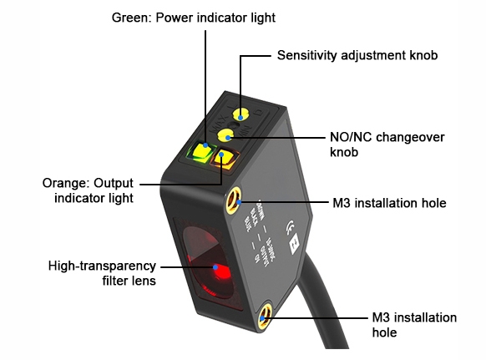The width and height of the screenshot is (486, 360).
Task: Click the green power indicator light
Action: click(201, 152)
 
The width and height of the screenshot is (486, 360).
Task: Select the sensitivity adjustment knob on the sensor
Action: click(241, 114)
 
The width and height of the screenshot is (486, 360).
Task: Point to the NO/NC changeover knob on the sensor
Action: click(225, 133)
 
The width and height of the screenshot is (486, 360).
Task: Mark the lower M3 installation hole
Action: click(266, 317)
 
